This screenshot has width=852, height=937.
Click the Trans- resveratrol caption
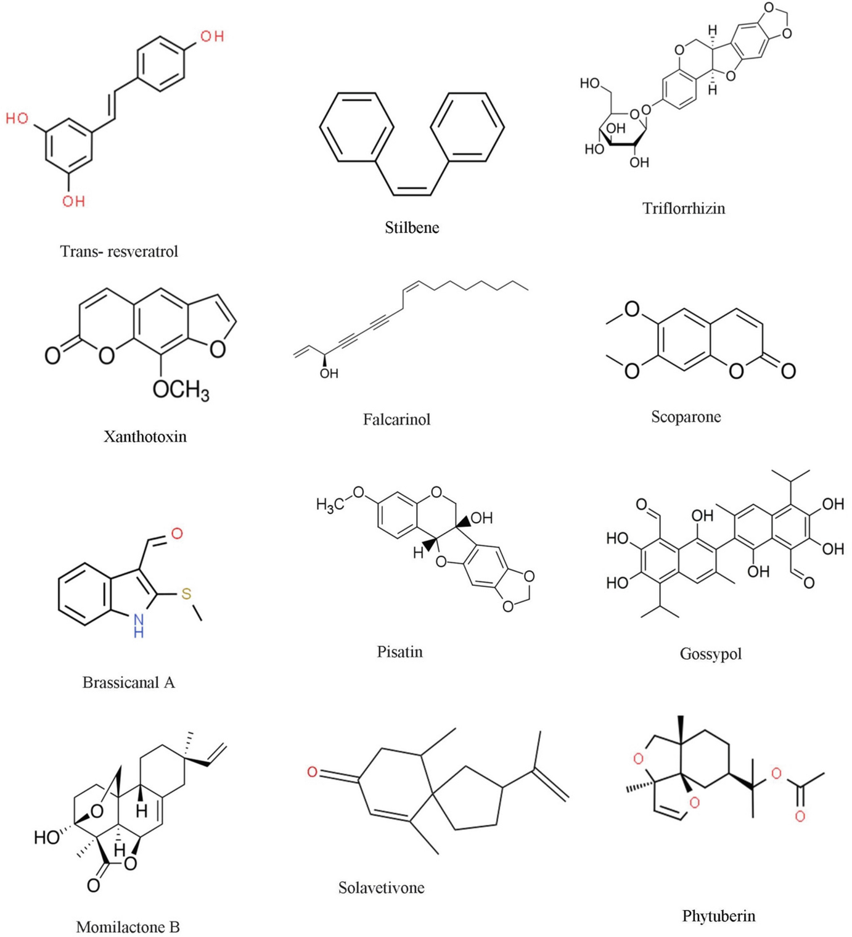click(x=119, y=252)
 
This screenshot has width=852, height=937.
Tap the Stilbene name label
click(x=412, y=228)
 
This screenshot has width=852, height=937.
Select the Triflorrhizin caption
click(x=684, y=208)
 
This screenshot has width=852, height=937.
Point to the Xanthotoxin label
click(x=145, y=437)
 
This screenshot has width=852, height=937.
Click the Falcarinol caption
click(x=396, y=419)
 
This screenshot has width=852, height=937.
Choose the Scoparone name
click(x=686, y=417)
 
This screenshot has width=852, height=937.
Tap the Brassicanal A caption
click(x=128, y=682)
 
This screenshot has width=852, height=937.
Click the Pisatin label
click(x=399, y=652)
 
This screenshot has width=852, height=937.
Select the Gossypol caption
click(x=710, y=654)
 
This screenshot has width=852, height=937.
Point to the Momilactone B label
click(x=128, y=927)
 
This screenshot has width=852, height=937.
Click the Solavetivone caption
click(x=381, y=888)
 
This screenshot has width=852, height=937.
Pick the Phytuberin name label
click(x=718, y=916)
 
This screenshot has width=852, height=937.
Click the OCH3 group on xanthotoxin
click(x=181, y=390)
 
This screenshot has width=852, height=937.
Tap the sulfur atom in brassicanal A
click(x=186, y=594)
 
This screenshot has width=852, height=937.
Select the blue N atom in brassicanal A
click(x=139, y=619)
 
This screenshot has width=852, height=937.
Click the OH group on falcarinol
click(x=329, y=373)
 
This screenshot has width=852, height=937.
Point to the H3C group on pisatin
click(x=330, y=505)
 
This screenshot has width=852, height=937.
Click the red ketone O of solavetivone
click(x=313, y=772)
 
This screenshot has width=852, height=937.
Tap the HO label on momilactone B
click(x=47, y=837)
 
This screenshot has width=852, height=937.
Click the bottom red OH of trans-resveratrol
click(x=73, y=201)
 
